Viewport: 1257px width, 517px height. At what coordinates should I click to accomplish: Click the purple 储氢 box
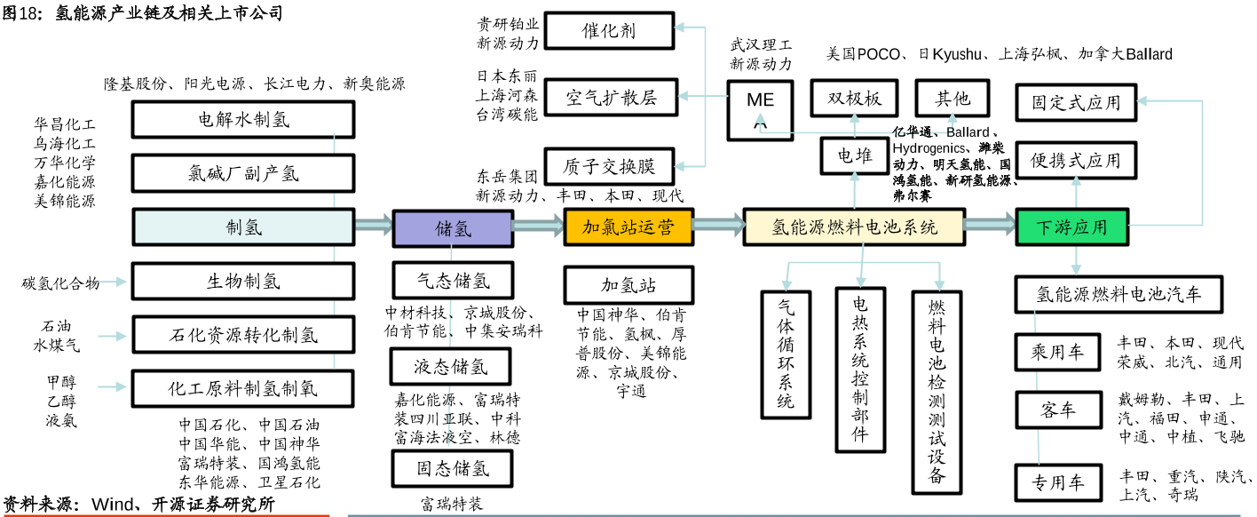[x=452, y=227]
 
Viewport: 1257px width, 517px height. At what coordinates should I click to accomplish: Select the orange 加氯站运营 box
[x=628, y=227]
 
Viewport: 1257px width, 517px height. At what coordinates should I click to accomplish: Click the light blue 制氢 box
[x=243, y=227]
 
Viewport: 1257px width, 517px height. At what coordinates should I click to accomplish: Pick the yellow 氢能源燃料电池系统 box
[x=854, y=227]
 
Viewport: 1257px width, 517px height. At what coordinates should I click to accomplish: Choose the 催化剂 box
[x=609, y=31]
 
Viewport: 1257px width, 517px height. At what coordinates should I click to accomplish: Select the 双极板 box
[x=854, y=98]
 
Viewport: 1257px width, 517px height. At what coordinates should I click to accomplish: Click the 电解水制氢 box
[x=243, y=120]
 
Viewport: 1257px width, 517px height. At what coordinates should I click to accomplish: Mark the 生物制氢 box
[x=243, y=282]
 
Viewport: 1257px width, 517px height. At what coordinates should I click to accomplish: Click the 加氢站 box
[x=628, y=285]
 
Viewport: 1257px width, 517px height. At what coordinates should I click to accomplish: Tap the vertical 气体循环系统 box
[x=786, y=354]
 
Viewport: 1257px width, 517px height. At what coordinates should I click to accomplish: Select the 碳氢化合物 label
[x=60, y=283]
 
